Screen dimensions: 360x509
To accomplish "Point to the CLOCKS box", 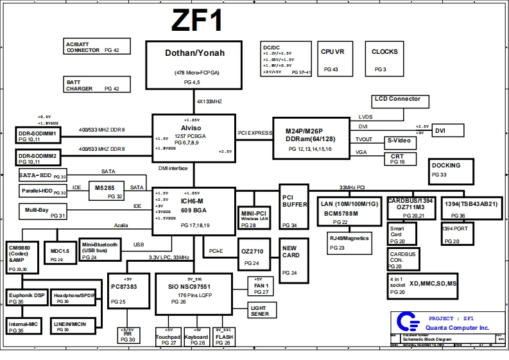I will click(x=384, y=59).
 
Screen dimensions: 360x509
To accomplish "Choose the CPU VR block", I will click(x=332, y=59).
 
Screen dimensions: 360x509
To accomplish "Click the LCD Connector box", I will click(x=397, y=100).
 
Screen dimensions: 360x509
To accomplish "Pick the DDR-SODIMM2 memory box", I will click(x=38, y=158).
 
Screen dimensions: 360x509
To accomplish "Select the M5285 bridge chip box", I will click(x=105, y=191).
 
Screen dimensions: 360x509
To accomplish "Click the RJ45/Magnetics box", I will click(x=350, y=243).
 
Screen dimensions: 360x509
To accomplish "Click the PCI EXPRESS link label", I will click(x=255, y=133).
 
